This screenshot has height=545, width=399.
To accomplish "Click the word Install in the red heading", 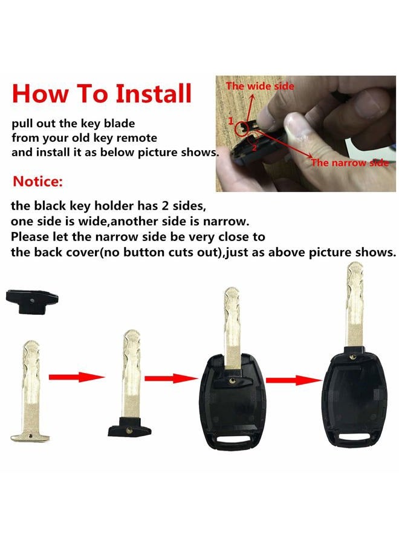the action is point(154,93).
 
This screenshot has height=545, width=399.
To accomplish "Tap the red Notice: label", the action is point(38,182).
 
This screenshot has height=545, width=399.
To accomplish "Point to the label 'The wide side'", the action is point(260,86).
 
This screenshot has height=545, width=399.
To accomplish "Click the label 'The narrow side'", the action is point(349,163).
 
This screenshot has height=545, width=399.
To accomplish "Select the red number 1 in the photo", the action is point(231,121).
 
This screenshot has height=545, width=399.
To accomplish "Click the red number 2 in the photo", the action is point(254,148).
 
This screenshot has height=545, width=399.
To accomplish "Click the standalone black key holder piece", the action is point(32,302).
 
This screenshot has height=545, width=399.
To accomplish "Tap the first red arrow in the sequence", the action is point(76,377).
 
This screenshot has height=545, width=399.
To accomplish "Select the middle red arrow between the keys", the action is point(171,378).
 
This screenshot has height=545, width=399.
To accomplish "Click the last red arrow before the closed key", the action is point(294,380).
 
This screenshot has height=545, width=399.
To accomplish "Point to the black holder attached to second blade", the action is point(130,427).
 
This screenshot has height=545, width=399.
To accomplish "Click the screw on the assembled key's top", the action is point(353,356).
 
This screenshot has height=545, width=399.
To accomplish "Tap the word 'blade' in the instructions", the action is point(120,124).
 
